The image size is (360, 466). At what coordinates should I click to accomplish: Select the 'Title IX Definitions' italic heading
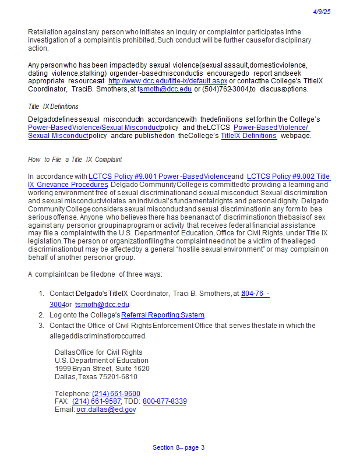[53, 107]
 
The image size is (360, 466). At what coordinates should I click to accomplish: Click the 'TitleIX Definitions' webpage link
[249, 136]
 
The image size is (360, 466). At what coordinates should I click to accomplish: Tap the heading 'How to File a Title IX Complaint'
[75, 160]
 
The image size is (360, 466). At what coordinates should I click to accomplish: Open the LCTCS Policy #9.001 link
[160, 176]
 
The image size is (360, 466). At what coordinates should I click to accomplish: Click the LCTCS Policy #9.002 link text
[288, 176]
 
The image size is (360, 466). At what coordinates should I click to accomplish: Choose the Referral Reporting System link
[163, 315]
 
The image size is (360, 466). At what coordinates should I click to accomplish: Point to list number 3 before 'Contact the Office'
[41, 326]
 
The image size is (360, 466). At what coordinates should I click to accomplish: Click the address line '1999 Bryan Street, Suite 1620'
[102, 369]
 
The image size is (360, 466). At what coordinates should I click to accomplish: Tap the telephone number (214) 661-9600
[116, 394]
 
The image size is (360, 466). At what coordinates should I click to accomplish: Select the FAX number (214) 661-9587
[97, 401]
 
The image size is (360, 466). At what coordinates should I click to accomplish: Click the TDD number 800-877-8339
[165, 401]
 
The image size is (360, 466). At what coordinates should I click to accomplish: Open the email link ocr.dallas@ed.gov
[106, 409]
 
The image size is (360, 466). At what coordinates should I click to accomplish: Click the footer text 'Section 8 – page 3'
[178, 447]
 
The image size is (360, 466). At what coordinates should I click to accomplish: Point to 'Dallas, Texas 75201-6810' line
[96, 377]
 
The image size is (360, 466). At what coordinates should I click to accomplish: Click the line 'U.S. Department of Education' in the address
[101, 361]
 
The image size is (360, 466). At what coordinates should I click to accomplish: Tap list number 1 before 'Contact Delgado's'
[41, 294]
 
